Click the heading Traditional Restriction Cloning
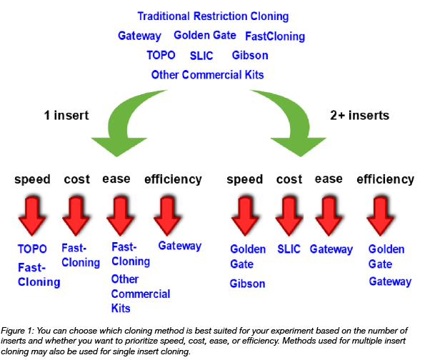pos(212,16)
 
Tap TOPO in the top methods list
pos(161,55)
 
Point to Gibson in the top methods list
pos(250,55)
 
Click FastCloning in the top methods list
pos(275,36)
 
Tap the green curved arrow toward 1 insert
pos(136,121)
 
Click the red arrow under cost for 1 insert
pos(76,215)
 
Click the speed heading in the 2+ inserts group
pos(245,179)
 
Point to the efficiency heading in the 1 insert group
pos(174,179)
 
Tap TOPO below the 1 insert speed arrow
pos(32,249)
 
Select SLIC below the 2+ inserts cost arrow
pos(290,249)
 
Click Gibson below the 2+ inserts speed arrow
pos(247,284)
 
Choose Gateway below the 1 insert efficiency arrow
pos(179,246)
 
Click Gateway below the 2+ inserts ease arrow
pos(331,249)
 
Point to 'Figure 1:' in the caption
pos(22,331)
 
